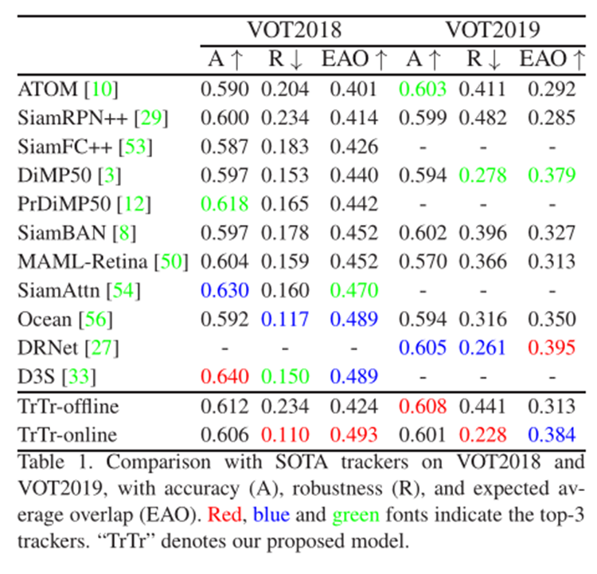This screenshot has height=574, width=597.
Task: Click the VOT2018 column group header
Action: click(294, 30)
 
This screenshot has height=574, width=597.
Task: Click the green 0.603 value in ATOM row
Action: click(423, 89)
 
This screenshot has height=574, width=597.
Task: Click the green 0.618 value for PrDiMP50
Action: click(225, 204)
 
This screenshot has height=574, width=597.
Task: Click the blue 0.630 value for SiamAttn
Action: click(225, 290)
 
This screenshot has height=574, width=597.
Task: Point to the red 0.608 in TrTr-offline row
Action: click(423, 407)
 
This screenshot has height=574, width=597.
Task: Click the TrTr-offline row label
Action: click(67, 407)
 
